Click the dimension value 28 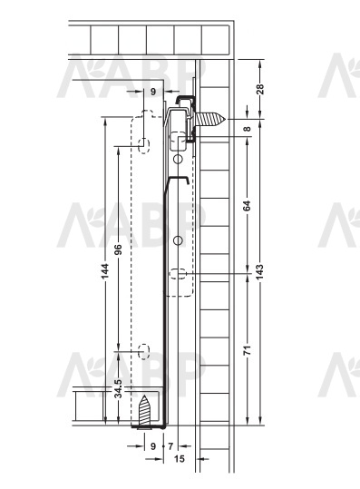(261, 89)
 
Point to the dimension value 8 (247, 129)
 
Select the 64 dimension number (247, 206)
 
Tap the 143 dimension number (260, 271)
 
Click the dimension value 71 (247, 350)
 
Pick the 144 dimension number (105, 271)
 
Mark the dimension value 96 (118, 249)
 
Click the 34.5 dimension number (118, 389)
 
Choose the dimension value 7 (170, 446)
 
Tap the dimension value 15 (180, 459)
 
